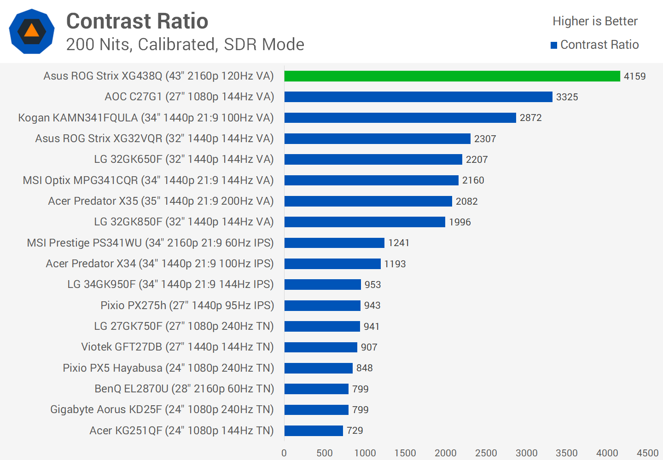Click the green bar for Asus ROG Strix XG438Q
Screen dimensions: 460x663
[x=452, y=76]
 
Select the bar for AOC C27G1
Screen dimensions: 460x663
[x=418, y=97]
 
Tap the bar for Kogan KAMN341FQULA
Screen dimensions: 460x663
[x=400, y=118]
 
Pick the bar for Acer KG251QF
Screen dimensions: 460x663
[x=314, y=431]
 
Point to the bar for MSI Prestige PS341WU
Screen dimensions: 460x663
[x=334, y=243]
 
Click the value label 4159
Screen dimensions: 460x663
[x=634, y=76]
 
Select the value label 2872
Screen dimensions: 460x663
[x=530, y=118]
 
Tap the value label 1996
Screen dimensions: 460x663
[x=459, y=222]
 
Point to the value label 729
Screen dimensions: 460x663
[x=355, y=431]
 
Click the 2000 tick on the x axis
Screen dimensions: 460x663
[x=445, y=453]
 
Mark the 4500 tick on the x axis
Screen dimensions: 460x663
[x=647, y=453]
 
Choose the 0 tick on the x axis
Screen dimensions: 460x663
[x=284, y=453]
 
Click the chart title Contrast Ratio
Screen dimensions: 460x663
[x=137, y=21]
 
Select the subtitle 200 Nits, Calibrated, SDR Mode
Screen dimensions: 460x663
[x=185, y=45]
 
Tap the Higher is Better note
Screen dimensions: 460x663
[x=595, y=21]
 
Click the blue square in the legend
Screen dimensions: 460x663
[x=554, y=45]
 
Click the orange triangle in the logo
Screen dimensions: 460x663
[x=31, y=31]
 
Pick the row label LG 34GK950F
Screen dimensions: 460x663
[x=170, y=284]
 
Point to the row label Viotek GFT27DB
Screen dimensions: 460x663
[x=177, y=347]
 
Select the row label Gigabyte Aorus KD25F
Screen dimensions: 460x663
[x=162, y=409]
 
